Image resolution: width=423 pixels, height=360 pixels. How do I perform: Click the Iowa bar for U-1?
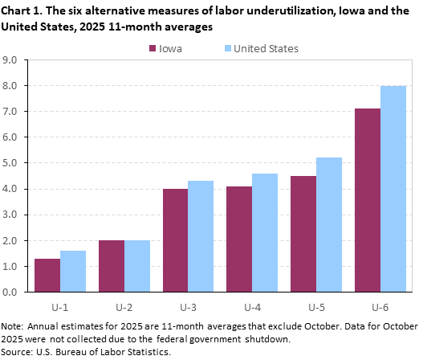point(47,275)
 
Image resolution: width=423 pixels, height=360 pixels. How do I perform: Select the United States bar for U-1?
point(73,271)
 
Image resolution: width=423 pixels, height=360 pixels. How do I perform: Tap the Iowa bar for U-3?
point(175,240)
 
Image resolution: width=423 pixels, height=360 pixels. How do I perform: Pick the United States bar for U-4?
point(265,232)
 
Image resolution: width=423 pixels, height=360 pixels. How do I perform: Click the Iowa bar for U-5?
point(303,234)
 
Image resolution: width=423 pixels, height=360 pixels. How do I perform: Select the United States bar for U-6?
point(393,189)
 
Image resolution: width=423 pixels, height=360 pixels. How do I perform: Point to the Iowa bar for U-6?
point(368,200)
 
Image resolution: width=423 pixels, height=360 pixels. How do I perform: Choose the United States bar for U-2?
point(137,266)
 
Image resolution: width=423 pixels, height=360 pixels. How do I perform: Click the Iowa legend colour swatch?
point(153,48)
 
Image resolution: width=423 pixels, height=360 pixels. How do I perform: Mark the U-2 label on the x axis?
point(124,306)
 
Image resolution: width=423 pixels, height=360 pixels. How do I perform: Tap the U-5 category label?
point(316,306)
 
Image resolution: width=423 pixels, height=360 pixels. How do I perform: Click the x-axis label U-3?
point(188,306)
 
